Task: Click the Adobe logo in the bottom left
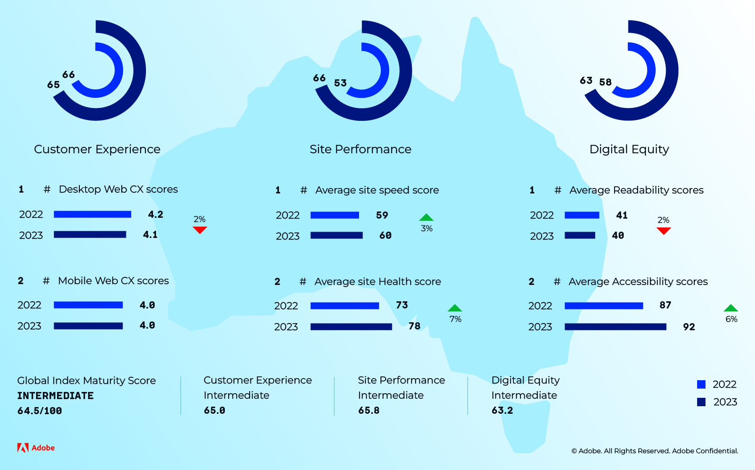pos(36,448)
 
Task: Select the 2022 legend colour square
pos(701,384)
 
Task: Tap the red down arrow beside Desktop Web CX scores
pos(200,230)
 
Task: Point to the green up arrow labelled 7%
pos(455,308)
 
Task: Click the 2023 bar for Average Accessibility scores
pos(615,326)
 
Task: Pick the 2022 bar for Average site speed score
pos(335,215)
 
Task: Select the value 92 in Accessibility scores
pos(689,327)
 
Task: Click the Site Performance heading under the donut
pos(360,149)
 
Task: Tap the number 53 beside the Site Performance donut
pos(340,83)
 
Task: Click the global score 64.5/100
pos(39,411)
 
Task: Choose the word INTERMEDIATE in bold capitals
pos(55,396)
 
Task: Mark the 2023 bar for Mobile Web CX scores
pos(88,326)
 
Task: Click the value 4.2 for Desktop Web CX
pos(156,214)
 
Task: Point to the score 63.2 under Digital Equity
pos(502,410)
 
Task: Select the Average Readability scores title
pos(636,190)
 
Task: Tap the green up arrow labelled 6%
pos(731,308)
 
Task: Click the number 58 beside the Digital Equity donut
pos(605,82)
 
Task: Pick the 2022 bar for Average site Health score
pos(345,305)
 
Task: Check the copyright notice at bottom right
pos(655,451)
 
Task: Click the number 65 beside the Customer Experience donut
pos(53,85)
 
